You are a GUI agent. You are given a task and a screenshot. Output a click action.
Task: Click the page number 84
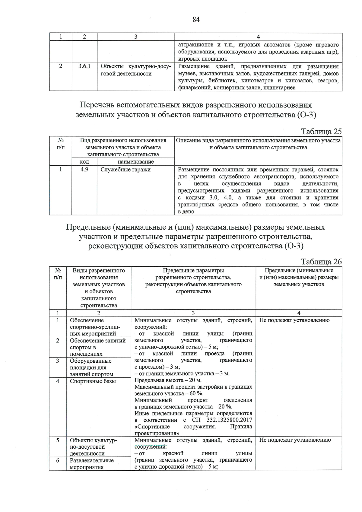point(196,20)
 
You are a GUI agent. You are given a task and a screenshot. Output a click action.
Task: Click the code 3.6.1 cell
point(84,66)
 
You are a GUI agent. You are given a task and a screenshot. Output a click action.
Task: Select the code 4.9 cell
point(84,170)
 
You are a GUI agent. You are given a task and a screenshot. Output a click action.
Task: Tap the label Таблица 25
point(321,132)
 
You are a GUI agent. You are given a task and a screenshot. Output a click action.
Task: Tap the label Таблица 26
point(321,262)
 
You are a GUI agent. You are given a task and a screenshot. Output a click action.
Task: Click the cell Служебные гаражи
point(125,170)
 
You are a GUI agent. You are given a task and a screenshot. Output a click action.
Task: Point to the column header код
point(84,162)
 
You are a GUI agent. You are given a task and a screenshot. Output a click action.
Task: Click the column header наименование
point(136,162)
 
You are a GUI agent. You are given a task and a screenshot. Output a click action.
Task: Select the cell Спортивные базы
point(93,381)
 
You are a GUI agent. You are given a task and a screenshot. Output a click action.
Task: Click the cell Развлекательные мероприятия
point(92,464)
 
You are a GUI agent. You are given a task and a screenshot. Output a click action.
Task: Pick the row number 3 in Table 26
point(58,361)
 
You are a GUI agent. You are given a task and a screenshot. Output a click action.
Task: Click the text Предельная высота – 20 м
point(168,380)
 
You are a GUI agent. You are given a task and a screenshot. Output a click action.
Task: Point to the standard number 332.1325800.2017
point(229,420)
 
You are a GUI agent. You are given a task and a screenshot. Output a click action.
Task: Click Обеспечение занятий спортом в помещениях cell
point(98,347)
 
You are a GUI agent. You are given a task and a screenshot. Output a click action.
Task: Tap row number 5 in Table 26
point(58,440)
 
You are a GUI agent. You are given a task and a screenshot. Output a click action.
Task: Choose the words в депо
point(186,211)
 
